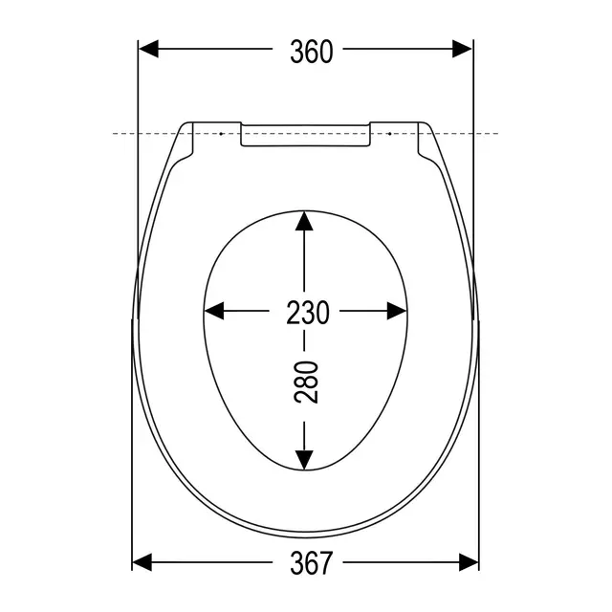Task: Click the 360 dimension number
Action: point(312,51)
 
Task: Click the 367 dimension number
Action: point(312,563)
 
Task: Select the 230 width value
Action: point(308,313)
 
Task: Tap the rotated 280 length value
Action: point(306,382)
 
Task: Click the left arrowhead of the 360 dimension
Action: point(149,49)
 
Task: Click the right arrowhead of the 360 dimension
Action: point(462,49)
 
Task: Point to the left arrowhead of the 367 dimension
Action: point(142,562)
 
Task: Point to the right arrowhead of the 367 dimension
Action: point(469,562)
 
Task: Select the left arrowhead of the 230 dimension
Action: point(214,311)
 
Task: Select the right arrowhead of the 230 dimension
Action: point(397,311)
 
